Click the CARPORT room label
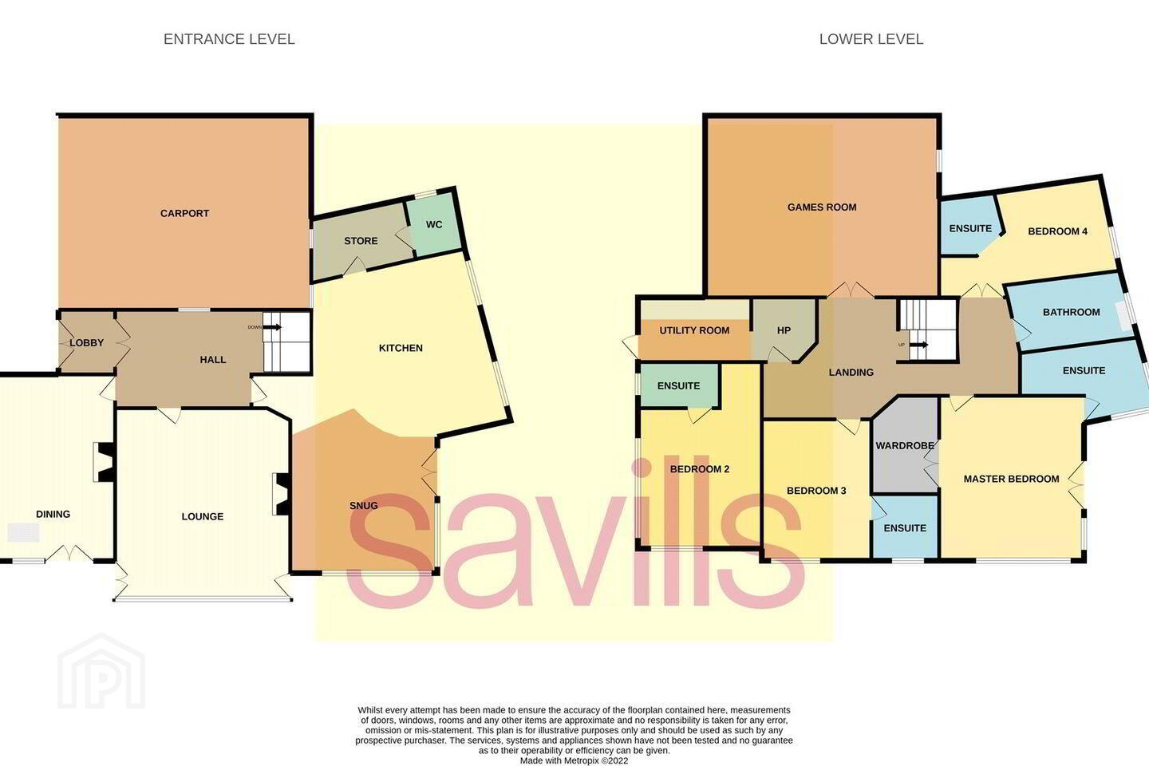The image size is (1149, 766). tap(184, 213)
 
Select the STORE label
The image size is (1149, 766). tap(361, 241)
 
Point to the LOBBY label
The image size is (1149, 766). tap(87, 343)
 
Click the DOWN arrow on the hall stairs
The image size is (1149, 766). tap(272, 327)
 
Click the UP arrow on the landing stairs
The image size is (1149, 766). tap(918, 345)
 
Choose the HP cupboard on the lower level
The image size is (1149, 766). tap(783, 330)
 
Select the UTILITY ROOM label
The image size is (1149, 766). tap(694, 330)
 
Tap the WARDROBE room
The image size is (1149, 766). tap(905, 445)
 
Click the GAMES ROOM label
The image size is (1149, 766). tap(822, 207)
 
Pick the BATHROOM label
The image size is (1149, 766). tap(1071, 312)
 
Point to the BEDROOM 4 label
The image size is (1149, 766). tap(1058, 231)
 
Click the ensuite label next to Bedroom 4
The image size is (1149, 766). tap(970, 228)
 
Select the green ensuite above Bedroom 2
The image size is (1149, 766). tap(678, 386)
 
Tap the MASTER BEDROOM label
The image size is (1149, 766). tap(1011, 479)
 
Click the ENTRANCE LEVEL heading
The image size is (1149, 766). tap(229, 39)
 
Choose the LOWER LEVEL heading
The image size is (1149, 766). tap(871, 39)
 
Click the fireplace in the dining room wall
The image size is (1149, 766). tap(105, 462)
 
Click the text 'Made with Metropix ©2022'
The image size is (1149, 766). tap(574, 760)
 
